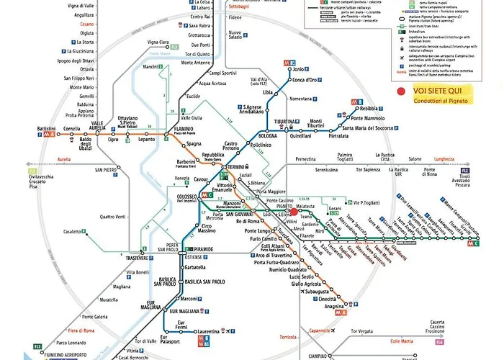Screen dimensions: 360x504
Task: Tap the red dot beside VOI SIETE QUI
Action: click(401, 91)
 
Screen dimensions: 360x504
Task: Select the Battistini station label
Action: click(50, 129)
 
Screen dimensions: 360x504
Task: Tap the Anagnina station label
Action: click(333, 306)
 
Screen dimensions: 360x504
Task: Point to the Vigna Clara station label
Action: click(158, 42)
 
